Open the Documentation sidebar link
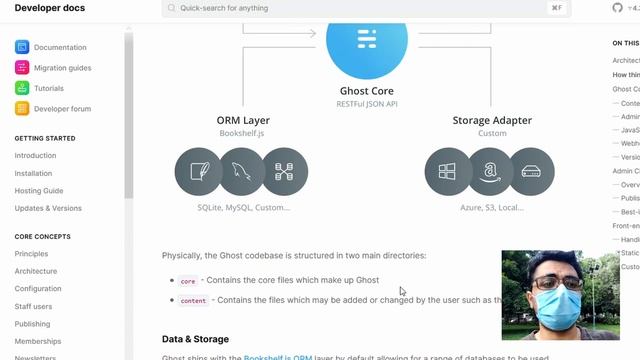60,47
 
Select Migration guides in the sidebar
62,68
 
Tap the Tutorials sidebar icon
22,88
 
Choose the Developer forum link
62,109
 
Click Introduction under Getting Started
35,156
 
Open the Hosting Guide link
39,191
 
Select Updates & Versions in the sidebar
48,208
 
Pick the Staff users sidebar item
33,307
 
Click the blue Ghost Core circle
367,40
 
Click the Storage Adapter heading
492,121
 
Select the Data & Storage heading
195,339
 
